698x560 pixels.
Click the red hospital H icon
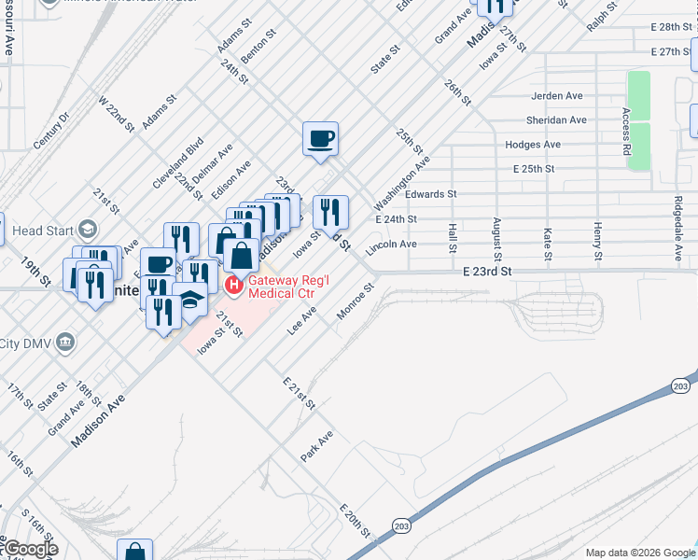tap(234, 285)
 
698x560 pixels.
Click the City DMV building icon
tap(64, 342)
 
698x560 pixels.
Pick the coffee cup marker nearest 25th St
tap(320, 139)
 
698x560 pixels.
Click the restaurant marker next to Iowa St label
tap(329, 212)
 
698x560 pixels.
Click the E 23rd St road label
tap(487, 271)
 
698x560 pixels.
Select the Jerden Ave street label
tap(556, 96)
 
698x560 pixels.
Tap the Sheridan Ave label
tap(558, 120)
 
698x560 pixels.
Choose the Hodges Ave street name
tap(532, 145)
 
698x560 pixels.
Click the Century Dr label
tap(51, 130)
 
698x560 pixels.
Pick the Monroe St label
tap(355, 301)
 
